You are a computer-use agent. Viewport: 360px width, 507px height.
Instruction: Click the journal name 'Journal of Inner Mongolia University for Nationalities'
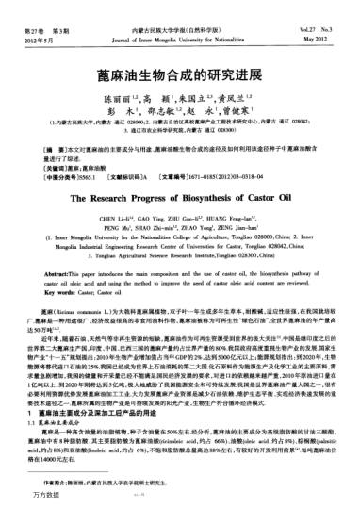point(180,41)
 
